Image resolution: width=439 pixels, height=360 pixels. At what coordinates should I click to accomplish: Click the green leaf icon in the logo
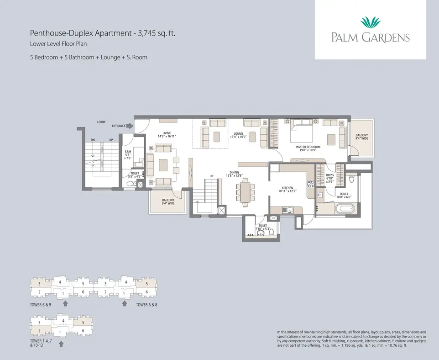(370, 22)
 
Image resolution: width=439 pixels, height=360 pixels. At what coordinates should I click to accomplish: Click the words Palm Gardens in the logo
(370, 37)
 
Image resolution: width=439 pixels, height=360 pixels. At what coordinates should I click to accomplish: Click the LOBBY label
(102, 122)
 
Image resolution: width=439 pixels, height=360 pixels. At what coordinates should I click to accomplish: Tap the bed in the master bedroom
(301, 130)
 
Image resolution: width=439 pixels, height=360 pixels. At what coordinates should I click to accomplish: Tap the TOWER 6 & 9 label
(41, 304)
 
